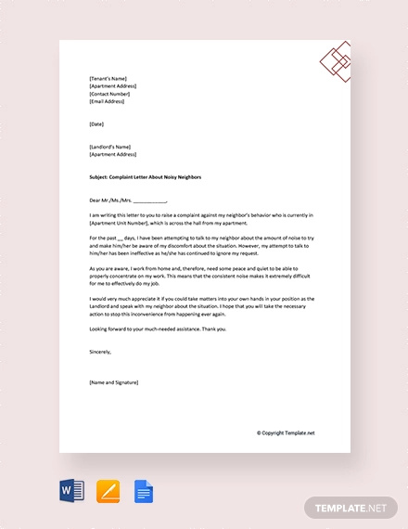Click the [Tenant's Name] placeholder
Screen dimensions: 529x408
click(108, 79)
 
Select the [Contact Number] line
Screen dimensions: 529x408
click(109, 94)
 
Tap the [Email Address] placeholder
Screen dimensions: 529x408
click(108, 101)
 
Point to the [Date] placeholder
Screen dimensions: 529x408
click(96, 123)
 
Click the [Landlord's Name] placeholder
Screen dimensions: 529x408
click(110, 147)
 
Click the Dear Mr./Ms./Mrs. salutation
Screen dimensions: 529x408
click(128, 199)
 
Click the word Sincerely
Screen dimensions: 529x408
click(100, 352)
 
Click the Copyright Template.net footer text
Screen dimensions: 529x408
click(286, 432)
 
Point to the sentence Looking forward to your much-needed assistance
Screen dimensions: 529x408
click(171, 329)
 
